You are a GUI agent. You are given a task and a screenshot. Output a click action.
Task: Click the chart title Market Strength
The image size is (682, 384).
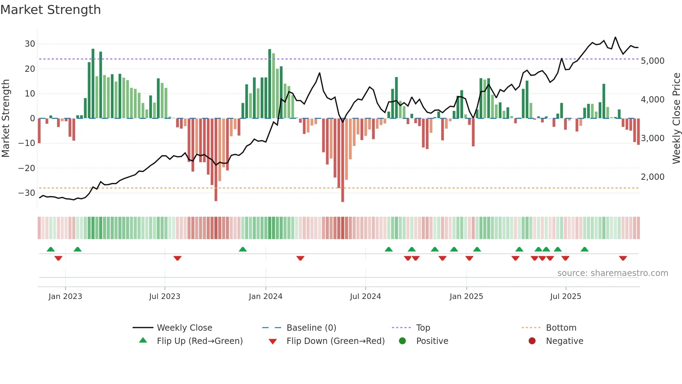pyautogui.click(x=50, y=10)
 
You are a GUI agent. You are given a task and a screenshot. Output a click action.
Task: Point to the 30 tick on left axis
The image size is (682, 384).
pyautogui.click(x=30, y=44)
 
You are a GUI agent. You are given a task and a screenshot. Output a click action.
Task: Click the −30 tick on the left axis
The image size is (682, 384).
pyautogui.click(x=27, y=193)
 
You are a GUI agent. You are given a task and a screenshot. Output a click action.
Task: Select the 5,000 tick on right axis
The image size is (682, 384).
pyautogui.click(x=652, y=61)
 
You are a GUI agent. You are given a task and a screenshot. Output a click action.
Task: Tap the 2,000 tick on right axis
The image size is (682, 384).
pyautogui.click(x=652, y=177)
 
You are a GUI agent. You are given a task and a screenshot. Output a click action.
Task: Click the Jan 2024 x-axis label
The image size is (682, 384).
pyautogui.click(x=265, y=297)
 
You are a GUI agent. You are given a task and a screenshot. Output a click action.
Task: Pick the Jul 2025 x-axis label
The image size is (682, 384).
pyautogui.click(x=565, y=297)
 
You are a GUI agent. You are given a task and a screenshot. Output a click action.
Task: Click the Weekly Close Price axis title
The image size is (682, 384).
pyautogui.click(x=676, y=118)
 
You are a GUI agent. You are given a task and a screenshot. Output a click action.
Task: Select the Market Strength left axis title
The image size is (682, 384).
pyautogui.click(x=6, y=118)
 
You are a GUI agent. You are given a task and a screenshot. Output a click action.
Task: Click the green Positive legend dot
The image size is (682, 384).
pyautogui.click(x=403, y=341)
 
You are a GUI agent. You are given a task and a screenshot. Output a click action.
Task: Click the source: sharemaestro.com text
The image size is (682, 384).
pyautogui.click(x=612, y=273)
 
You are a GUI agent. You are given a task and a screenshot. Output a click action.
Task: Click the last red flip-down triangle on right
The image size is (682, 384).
pyautogui.click(x=623, y=258)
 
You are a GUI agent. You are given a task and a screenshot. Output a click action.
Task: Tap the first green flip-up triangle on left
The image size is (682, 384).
pyautogui.click(x=51, y=249)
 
